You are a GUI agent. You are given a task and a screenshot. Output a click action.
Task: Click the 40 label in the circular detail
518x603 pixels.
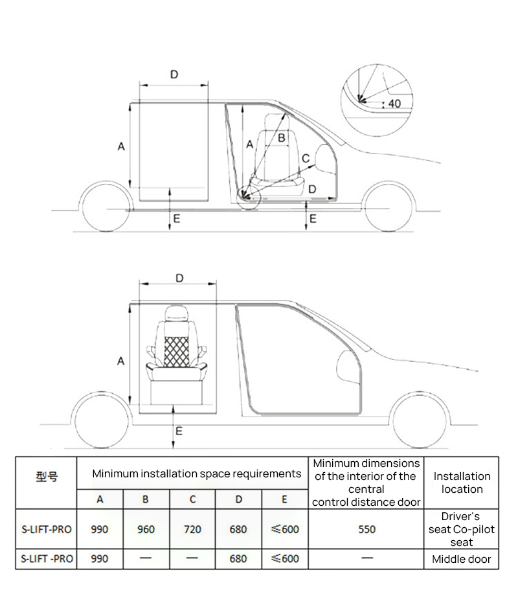tap(394, 104)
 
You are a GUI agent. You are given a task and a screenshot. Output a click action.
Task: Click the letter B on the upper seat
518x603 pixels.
tap(282, 138)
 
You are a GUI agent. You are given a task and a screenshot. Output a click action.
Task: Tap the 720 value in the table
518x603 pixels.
tap(192, 529)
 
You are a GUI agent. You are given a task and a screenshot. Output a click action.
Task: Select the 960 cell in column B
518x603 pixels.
tap(146, 529)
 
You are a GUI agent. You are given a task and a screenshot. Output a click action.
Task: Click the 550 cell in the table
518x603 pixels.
tap(366, 529)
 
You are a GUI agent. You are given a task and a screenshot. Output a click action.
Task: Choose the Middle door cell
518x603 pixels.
tap(462, 559)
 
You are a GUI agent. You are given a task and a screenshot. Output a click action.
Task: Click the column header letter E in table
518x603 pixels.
tap(284, 499)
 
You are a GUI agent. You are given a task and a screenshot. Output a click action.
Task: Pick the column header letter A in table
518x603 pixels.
tap(100, 499)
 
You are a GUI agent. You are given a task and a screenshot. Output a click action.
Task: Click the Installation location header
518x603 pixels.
tap(462, 483)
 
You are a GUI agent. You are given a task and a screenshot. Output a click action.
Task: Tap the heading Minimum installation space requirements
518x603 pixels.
tap(196, 473)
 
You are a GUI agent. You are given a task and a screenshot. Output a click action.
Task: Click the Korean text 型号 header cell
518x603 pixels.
tap(47, 477)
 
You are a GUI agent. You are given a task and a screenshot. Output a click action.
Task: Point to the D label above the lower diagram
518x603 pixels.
tap(179, 278)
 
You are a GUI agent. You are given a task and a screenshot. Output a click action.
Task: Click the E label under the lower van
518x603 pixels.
tap(179, 431)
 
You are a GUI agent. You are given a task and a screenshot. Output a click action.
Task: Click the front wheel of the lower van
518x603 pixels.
tap(420, 418)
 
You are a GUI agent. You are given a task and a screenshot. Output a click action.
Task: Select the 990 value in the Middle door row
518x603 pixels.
tap(100, 559)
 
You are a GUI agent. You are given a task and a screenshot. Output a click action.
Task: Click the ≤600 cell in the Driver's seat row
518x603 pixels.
tap(284, 529)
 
